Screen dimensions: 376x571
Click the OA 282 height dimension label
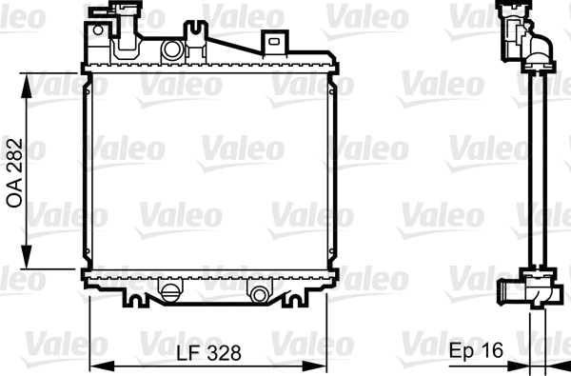(16, 168)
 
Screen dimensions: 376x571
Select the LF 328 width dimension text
(208, 352)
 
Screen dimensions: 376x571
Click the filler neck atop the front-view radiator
(112, 12)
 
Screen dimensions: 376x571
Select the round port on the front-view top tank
(172, 49)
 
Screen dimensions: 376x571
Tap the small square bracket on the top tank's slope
(274, 41)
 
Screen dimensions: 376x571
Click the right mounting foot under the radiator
(289, 299)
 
